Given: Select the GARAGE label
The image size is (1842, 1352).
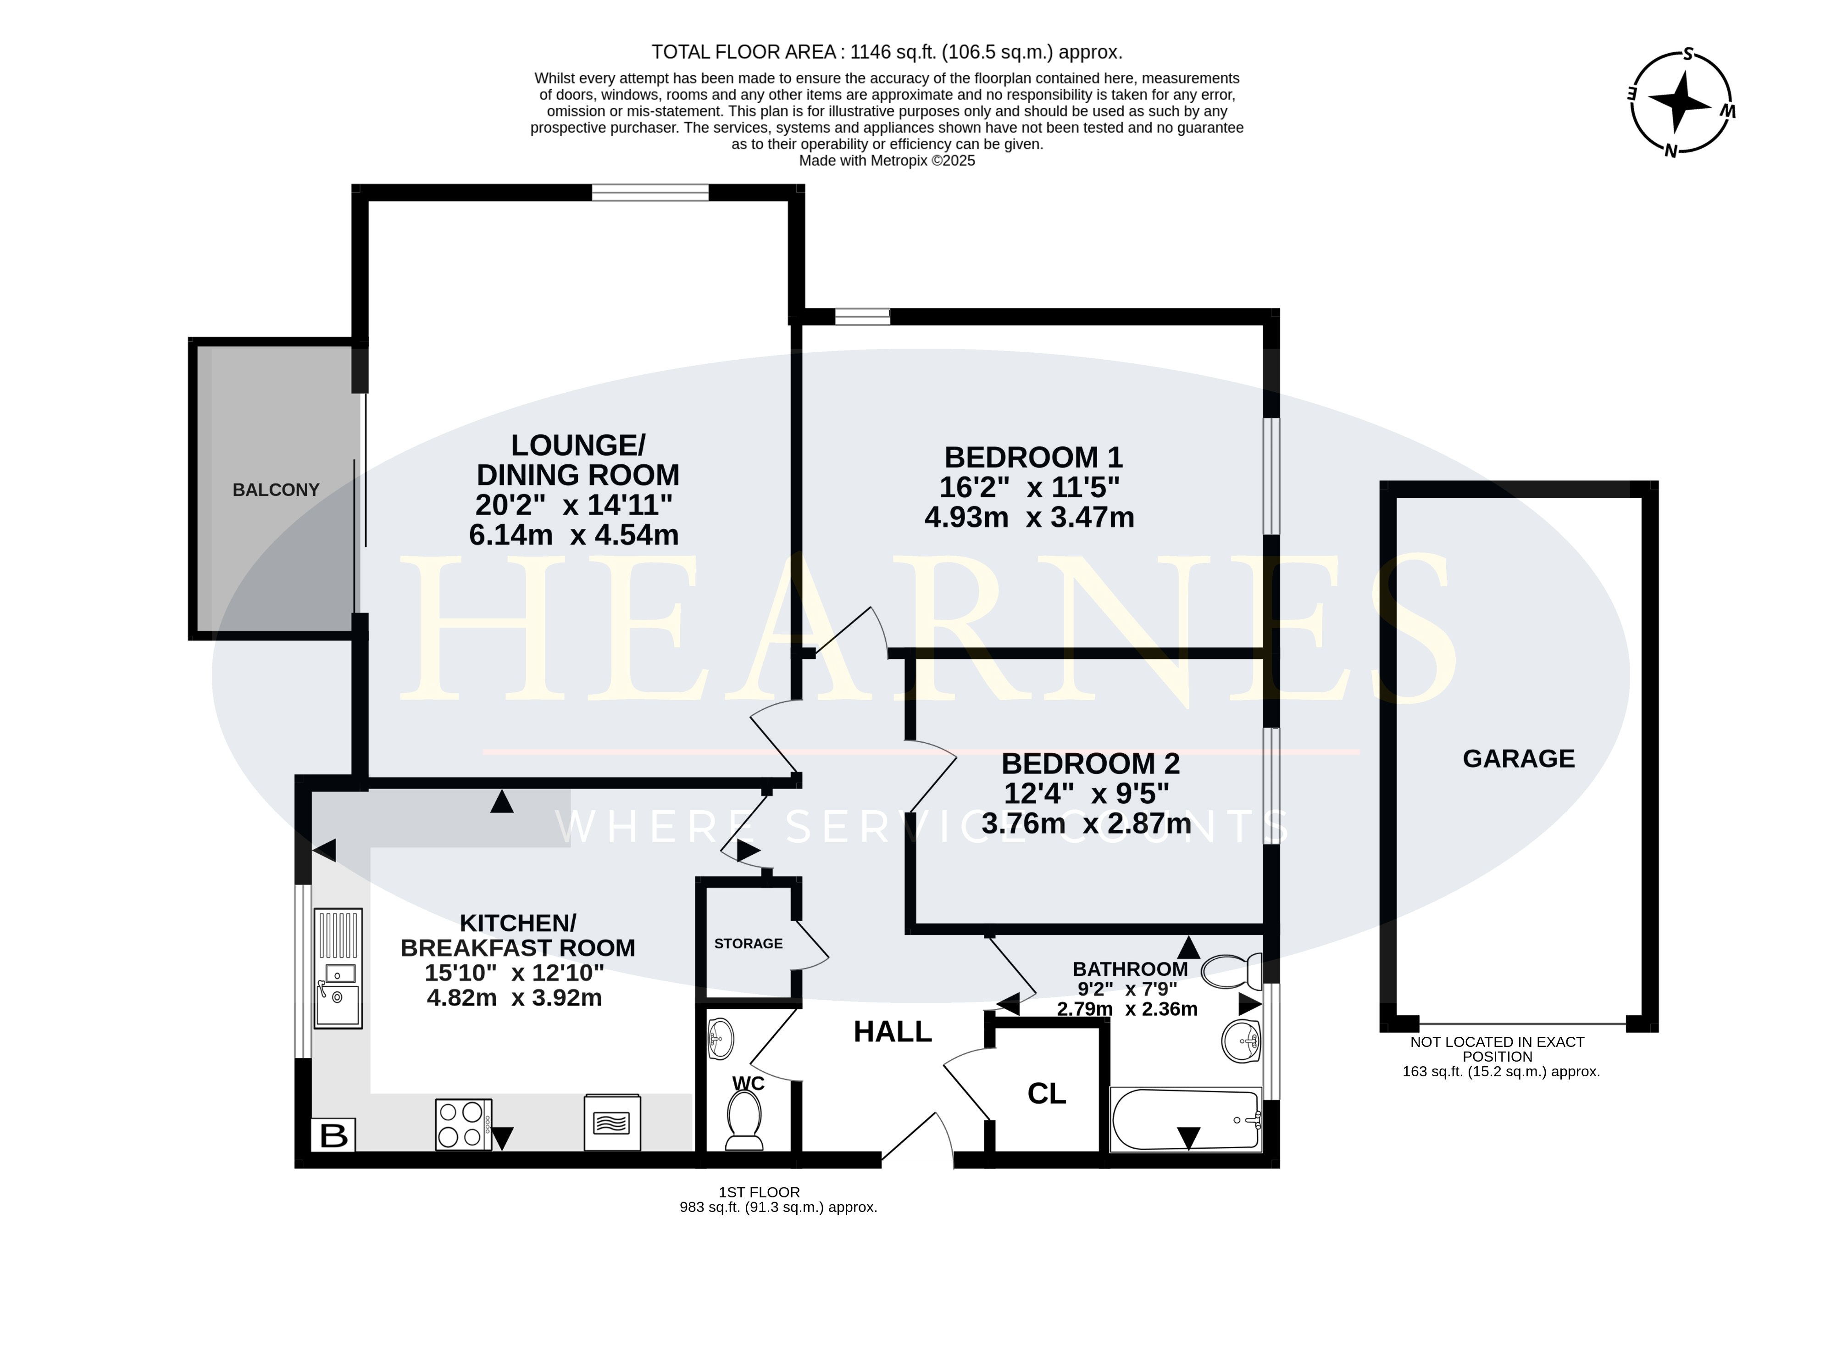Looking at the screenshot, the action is click(x=1519, y=759).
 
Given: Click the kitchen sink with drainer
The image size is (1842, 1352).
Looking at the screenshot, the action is click(x=338, y=968).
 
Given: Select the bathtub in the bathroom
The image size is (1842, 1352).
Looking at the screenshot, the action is click(x=1186, y=1119).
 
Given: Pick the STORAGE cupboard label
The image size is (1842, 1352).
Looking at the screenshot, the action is click(x=748, y=944).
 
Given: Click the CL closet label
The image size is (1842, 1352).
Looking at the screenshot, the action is click(x=1047, y=1093).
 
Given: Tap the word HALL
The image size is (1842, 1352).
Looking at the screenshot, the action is click(x=893, y=1032).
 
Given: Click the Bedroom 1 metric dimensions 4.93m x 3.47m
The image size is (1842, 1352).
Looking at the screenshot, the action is click(x=1029, y=517).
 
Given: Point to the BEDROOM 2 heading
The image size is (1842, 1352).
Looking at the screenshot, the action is click(x=1091, y=763).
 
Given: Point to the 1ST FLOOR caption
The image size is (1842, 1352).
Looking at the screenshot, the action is click(x=760, y=1192).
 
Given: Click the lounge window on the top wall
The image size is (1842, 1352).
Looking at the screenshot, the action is click(x=650, y=192).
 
